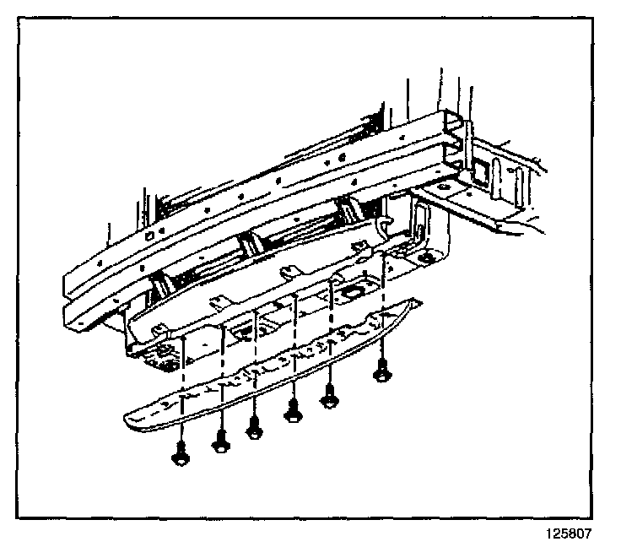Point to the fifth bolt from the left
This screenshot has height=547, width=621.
point(330,394)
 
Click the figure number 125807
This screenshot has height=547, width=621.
point(570,533)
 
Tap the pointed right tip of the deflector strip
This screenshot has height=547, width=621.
point(419,300)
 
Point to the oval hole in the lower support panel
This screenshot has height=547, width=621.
point(352,292)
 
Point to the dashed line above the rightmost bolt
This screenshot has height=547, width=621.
point(385,312)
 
